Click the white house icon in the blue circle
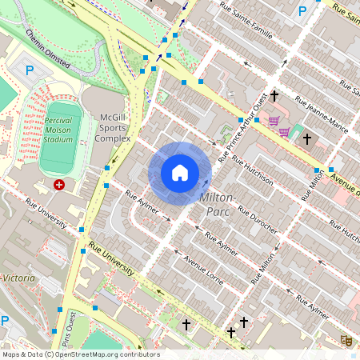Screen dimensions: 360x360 coord(180,173)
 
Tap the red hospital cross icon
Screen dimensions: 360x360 coord(58,185)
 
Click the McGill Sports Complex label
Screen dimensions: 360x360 coord(113,127)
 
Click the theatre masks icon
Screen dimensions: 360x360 coord(346,340)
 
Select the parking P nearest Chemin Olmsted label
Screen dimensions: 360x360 coord(30,70)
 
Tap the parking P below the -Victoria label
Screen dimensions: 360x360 coord(4,321)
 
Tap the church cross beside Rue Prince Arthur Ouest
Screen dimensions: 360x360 coord(274,96)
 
